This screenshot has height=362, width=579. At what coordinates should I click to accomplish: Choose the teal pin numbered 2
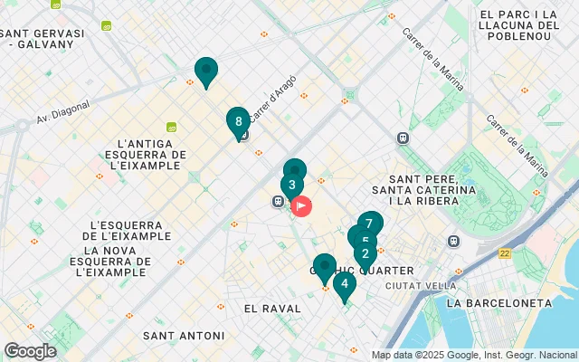pos(365,253)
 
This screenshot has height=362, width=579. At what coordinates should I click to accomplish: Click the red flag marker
pos(301,206)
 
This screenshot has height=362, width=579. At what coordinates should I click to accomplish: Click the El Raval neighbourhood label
pos(272,309)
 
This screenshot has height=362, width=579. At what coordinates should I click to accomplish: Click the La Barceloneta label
pos(511,302)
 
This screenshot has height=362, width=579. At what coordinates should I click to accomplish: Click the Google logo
pos(30,351)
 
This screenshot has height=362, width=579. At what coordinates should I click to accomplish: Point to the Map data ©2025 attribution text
pos(473,355)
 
